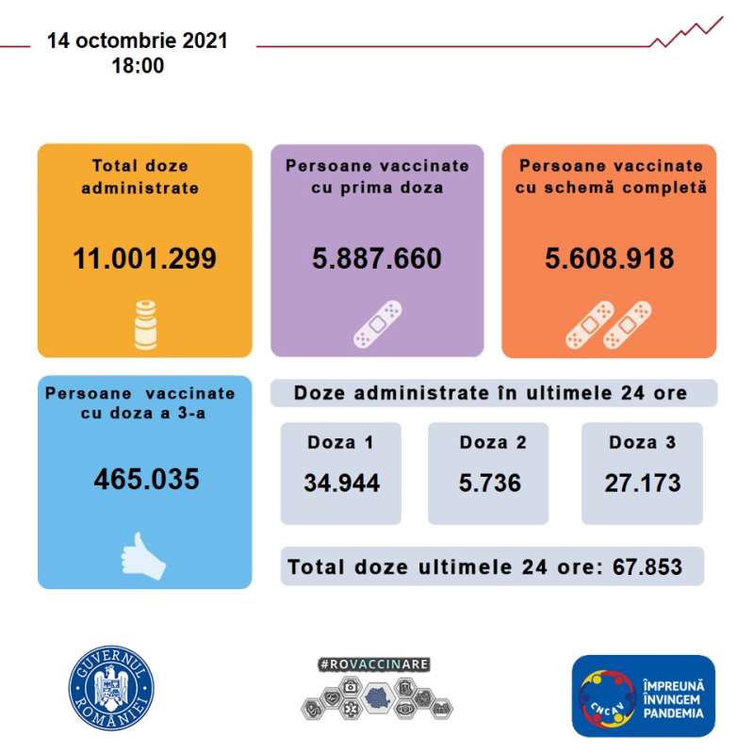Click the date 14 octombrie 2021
[138, 42]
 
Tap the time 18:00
[138, 66]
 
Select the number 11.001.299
[144, 258]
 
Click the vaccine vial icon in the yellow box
[144, 326]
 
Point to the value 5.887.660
[377, 258]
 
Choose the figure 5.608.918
[610, 258]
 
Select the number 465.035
[146, 479]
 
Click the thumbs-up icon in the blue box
[142, 555]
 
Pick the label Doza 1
[340, 442]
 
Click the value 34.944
[341, 484]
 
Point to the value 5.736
[488, 484]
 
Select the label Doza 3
[642, 442]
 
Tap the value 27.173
[642, 484]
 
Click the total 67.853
[647, 567]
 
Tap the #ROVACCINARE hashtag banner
[375, 664]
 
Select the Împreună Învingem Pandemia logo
[643, 696]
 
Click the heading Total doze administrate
[144, 176]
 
